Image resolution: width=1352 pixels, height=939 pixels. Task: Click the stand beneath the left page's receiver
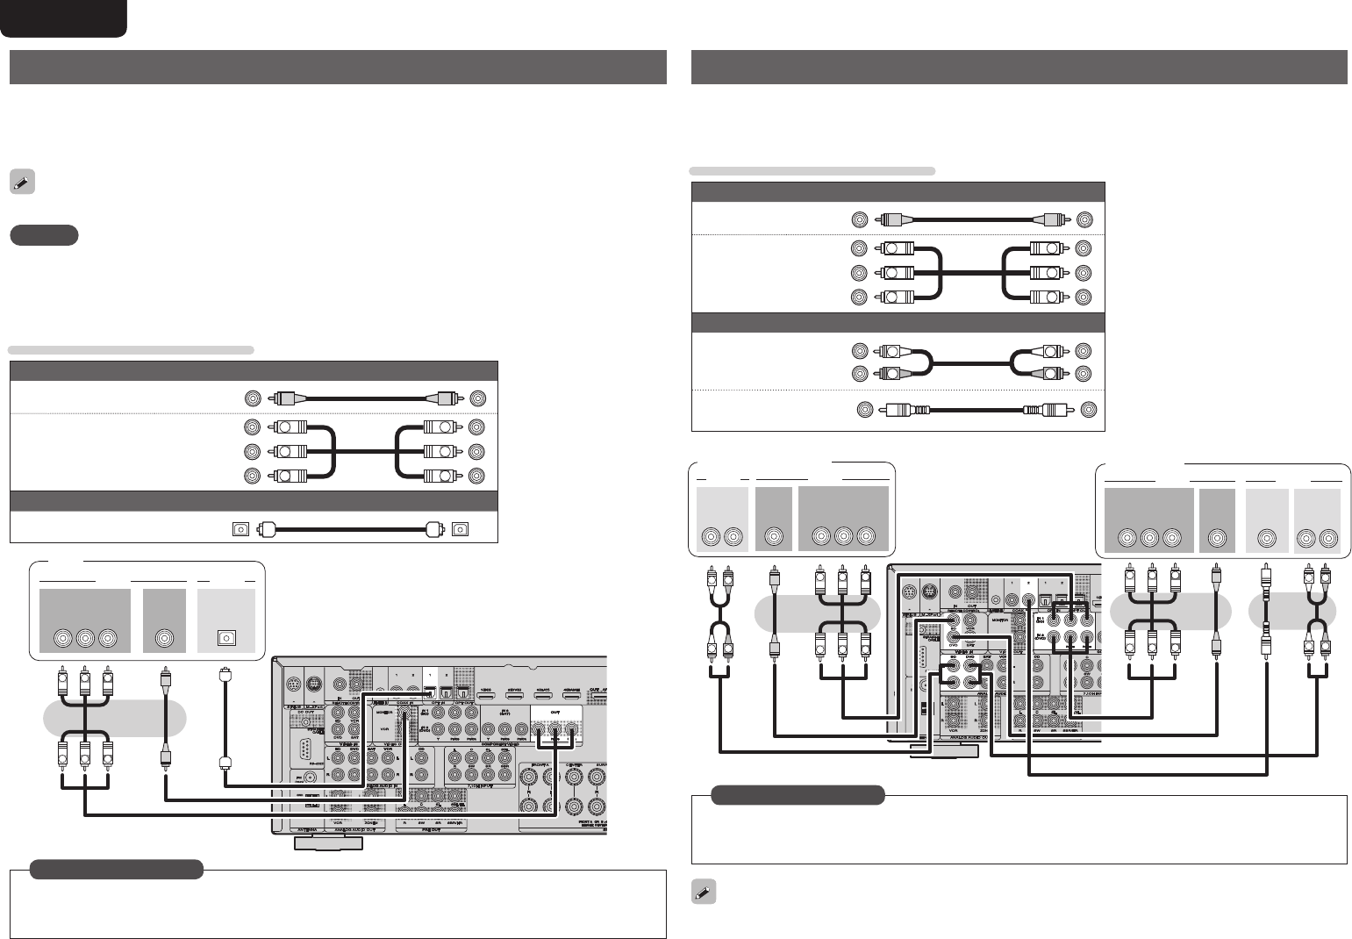tap(327, 842)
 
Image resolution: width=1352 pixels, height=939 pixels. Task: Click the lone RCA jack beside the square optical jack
tap(164, 639)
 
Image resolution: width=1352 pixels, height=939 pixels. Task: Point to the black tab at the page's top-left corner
tap(63, 18)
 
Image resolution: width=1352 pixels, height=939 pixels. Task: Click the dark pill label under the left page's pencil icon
tap(45, 235)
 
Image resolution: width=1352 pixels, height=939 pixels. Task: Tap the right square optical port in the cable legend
tap(461, 529)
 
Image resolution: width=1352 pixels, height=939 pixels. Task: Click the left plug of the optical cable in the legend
tap(268, 529)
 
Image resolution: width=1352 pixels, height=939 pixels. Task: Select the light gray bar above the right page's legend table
tap(813, 170)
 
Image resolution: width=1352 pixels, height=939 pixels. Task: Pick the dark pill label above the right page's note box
tap(797, 795)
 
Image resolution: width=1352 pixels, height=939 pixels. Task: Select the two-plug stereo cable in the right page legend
tap(974, 362)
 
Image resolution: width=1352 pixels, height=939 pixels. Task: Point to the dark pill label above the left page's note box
tap(116, 869)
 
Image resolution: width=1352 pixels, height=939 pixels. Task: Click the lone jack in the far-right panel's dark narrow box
tap(1216, 538)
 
